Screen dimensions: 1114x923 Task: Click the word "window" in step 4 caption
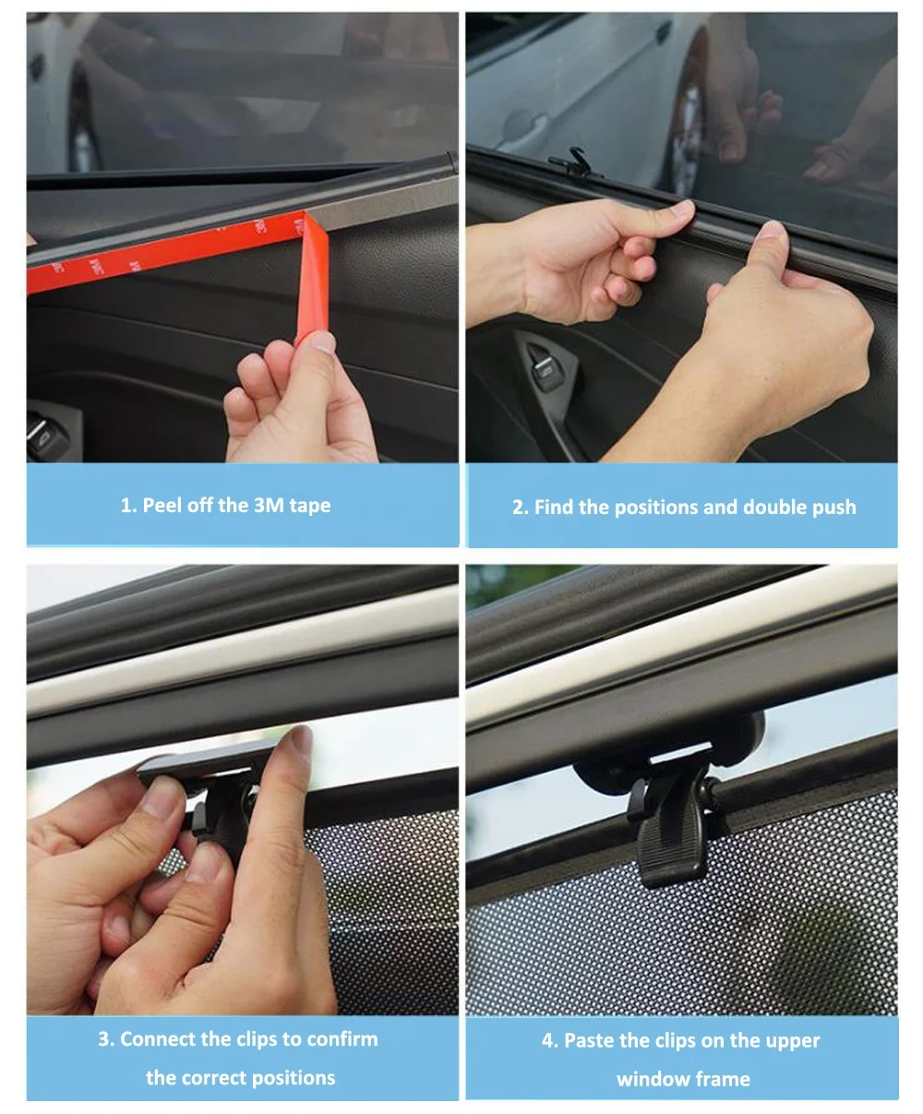(647, 1079)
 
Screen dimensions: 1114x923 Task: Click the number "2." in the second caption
(521, 508)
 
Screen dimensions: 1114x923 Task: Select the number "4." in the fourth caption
(550, 1041)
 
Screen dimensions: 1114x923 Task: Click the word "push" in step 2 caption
(834, 508)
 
